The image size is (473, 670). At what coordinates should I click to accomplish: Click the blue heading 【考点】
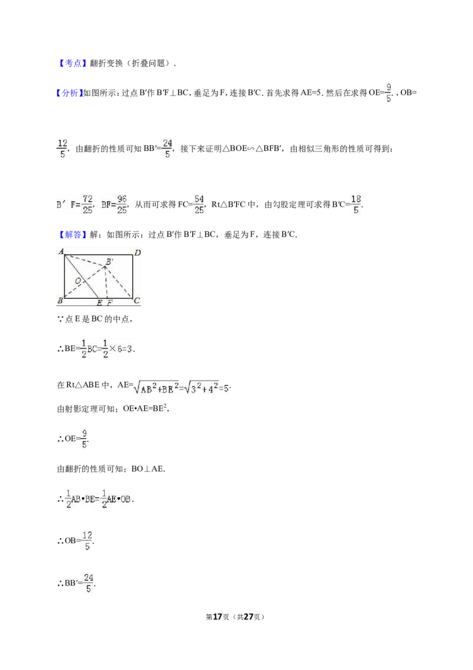pyautogui.click(x=71, y=63)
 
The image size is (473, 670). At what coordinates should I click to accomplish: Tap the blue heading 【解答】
pyautogui.click(x=71, y=234)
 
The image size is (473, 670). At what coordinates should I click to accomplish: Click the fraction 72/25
pyautogui.click(x=88, y=204)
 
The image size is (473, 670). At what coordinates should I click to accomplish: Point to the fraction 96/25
pyautogui.click(x=122, y=204)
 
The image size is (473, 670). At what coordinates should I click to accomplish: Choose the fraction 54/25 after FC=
pyautogui.click(x=199, y=204)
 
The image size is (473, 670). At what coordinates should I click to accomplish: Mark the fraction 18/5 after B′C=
pyautogui.click(x=355, y=204)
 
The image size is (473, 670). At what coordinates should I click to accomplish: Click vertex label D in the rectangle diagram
pyautogui.click(x=137, y=253)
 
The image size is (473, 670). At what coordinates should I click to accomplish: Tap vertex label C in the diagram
pyautogui.click(x=137, y=301)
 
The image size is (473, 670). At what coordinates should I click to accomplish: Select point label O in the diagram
pyautogui.click(x=77, y=281)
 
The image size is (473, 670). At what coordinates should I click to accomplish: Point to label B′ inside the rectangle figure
pyautogui.click(x=110, y=262)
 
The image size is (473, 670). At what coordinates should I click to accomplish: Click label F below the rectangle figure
pyautogui.click(x=110, y=302)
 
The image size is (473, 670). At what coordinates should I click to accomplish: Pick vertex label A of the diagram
pyautogui.click(x=61, y=251)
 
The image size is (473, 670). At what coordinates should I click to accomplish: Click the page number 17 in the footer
pyautogui.click(x=218, y=617)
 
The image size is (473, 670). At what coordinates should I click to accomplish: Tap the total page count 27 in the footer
pyautogui.click(x=248, y=617)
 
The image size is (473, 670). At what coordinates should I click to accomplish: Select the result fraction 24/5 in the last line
pyautogui.click(x=88, y=583)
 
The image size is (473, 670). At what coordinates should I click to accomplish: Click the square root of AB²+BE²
pyautogui.click(x=156, y=387)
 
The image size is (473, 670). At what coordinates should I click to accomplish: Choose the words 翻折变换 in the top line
pyautogui.click(x=106, y=63)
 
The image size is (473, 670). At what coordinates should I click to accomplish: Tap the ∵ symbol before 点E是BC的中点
pyautogui.click(x=60, y=319)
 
